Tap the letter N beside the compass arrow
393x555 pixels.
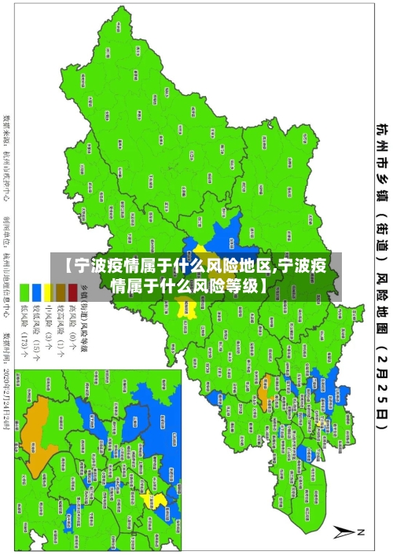coord(362,532)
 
